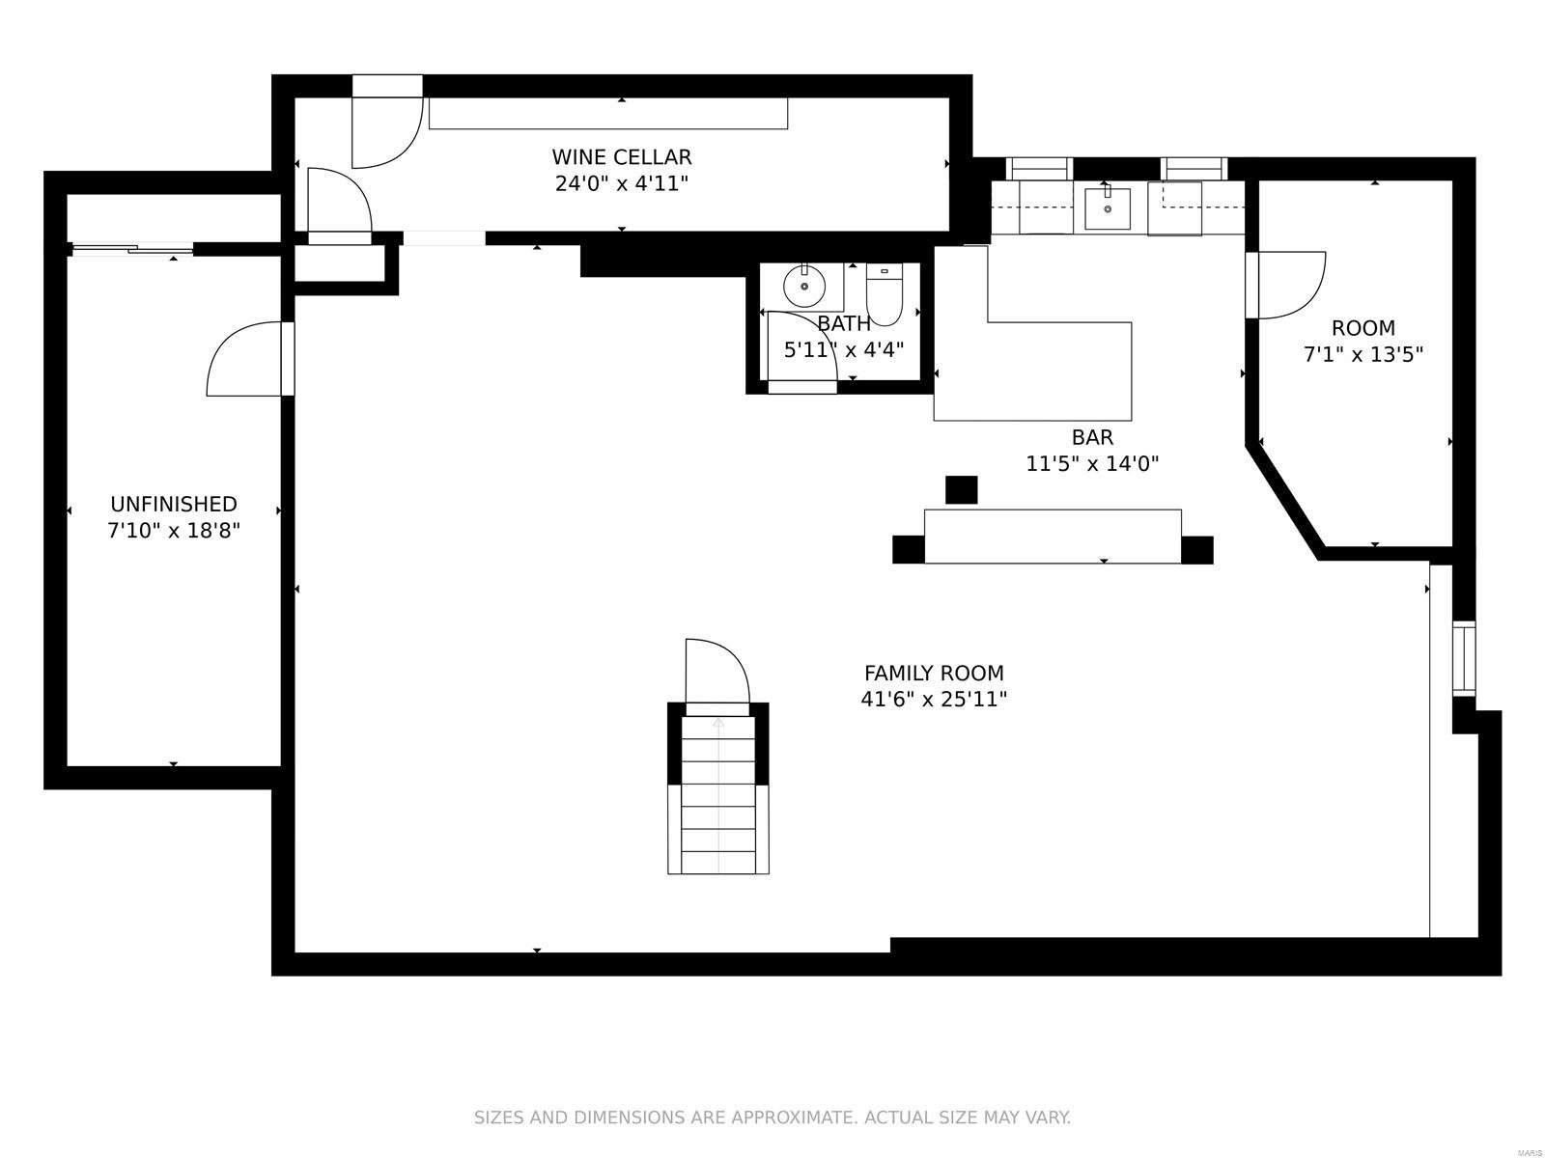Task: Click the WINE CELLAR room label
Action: click(x=621, y=157)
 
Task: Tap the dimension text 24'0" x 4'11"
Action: click(x=621, y=183)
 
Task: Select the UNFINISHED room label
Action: click(x=173, y=504)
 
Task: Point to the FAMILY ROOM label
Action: click(x=933, y=674)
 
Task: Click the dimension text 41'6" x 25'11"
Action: click(x=933, y=700)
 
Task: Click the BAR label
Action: click(x=1092, y=437)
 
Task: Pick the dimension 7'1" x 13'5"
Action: click(x=1362, y=354)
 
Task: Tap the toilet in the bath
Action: click(x=883, y=295)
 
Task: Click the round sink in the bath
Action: click(x=803, y=286)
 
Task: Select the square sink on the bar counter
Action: click(x=1107, y=208)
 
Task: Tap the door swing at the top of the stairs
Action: click(x=716, y=673)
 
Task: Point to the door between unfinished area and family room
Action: click(x=248, y=359)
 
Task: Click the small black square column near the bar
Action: click(x=961, y=489)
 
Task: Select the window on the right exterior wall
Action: click(x=1464, y=659)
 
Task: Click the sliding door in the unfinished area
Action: click(x=132, y=249)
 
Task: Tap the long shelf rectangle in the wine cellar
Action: click(x=607, y=114)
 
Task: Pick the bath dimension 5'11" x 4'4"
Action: click(x=842, y=349)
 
